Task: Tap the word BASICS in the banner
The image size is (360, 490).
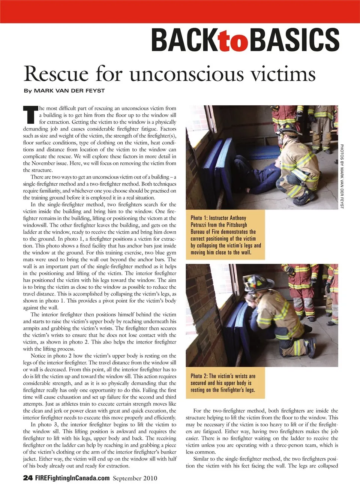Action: pyautogui.click(x=294, y=40)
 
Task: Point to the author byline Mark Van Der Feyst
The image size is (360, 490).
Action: pyautogui.click(x=64, y=91)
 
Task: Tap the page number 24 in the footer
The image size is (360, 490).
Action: pyautogui.click(x=28, y=478)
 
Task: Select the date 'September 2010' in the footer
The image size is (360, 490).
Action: pyautogui.click(x=135, y=478)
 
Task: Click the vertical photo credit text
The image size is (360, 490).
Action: pyautogui.click(x=342, y=176)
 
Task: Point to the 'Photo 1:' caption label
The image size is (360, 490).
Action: pyautogui.click(x=199, y=218)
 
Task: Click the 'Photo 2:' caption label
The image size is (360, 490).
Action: pyautogui.click(x=199, y=376)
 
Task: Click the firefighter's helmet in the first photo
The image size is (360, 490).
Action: pyautogui.click(x=289, y=130)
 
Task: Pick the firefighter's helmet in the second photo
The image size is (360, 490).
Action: pyautogui.click(x=254, y=282)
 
